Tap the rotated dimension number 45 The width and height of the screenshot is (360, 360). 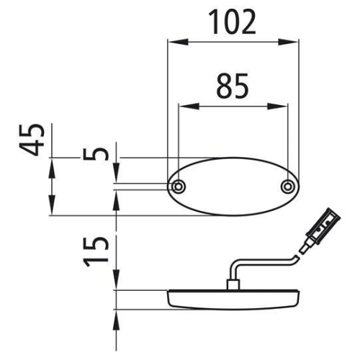32,140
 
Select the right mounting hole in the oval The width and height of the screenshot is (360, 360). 287,187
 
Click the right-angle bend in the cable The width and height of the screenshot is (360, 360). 231,266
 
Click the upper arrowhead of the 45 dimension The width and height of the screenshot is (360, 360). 52,164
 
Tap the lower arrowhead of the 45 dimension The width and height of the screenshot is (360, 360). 52,210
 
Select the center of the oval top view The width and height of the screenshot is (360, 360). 233,187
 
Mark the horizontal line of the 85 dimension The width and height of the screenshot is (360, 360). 233,107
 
